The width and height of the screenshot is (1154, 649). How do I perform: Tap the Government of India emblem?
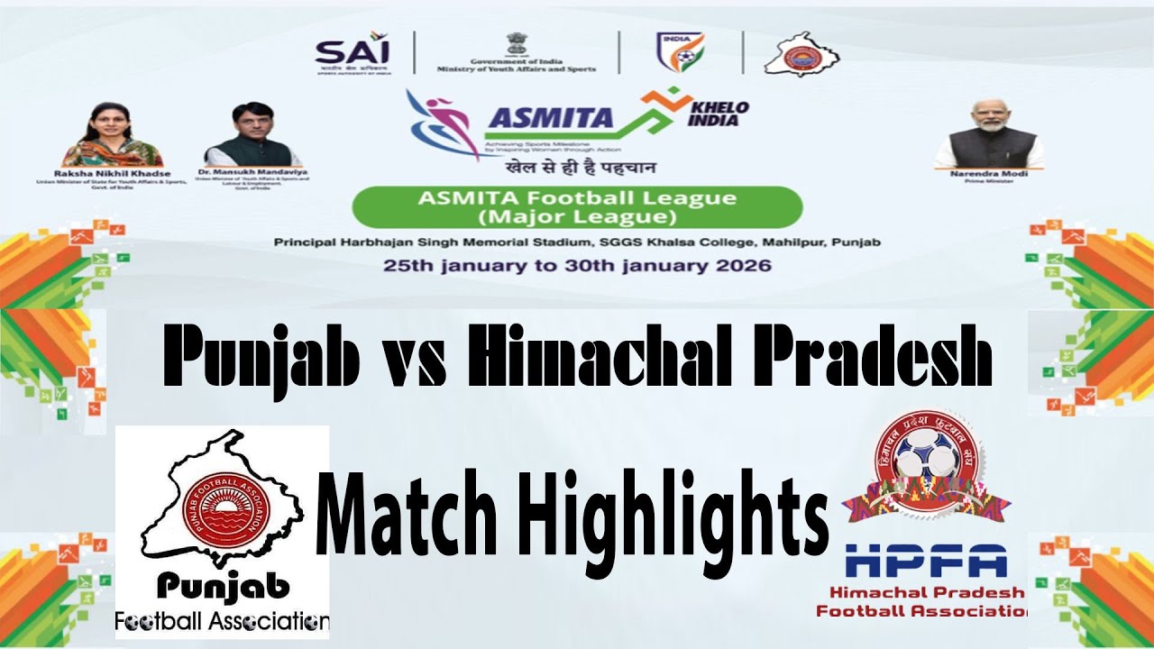(516, 42)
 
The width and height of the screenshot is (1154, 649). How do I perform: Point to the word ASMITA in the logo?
(550, 118)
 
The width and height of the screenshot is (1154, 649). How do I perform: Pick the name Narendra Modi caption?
(989, 173)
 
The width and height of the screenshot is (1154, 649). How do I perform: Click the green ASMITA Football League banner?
(577, 207)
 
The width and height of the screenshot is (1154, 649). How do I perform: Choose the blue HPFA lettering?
(925, 562)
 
